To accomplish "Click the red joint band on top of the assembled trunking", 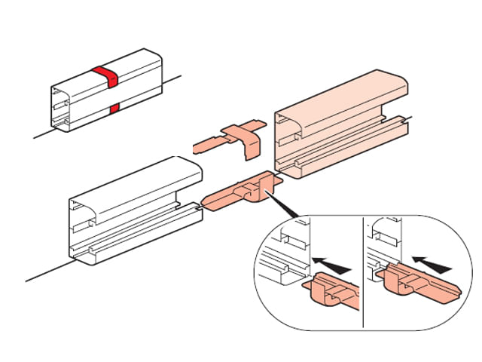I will (105, 75).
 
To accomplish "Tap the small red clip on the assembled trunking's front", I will (114, 110).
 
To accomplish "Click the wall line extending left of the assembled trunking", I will (41, 134).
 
